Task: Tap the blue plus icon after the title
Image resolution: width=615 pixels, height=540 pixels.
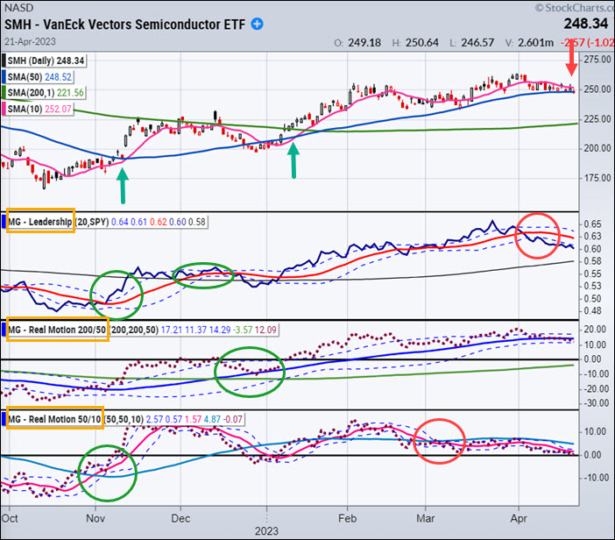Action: pyautogui.click(x=257, y=25)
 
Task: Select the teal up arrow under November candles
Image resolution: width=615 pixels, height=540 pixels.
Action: pyautogui.click(x=122, y=184)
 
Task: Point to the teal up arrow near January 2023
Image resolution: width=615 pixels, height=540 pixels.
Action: pyautogui.click(x=293, y=160)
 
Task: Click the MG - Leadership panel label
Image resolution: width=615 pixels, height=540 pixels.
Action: pyautogui.click(x=42, y=222)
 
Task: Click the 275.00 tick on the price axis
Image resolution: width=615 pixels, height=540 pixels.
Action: pyautogui.click(x=596, y=60)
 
